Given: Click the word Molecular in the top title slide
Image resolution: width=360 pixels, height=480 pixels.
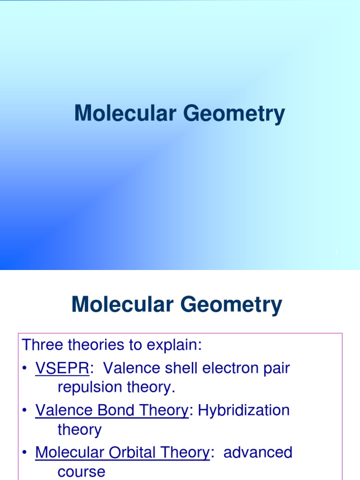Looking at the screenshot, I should pos(121,114).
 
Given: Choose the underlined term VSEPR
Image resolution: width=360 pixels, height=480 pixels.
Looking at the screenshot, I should pos(62,368).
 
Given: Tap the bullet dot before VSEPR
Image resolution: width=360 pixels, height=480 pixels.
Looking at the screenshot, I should pos(26,369).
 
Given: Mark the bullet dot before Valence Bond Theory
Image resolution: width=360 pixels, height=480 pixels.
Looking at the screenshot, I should pos(26,411).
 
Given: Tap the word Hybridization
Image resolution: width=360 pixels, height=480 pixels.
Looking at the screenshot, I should pos(244,411).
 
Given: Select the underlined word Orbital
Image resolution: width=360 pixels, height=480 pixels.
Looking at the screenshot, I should pos(132,453).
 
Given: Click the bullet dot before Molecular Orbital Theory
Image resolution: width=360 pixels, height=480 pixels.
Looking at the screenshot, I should pos(26,453).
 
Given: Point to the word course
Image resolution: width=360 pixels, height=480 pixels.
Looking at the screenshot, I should pos(81,472).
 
